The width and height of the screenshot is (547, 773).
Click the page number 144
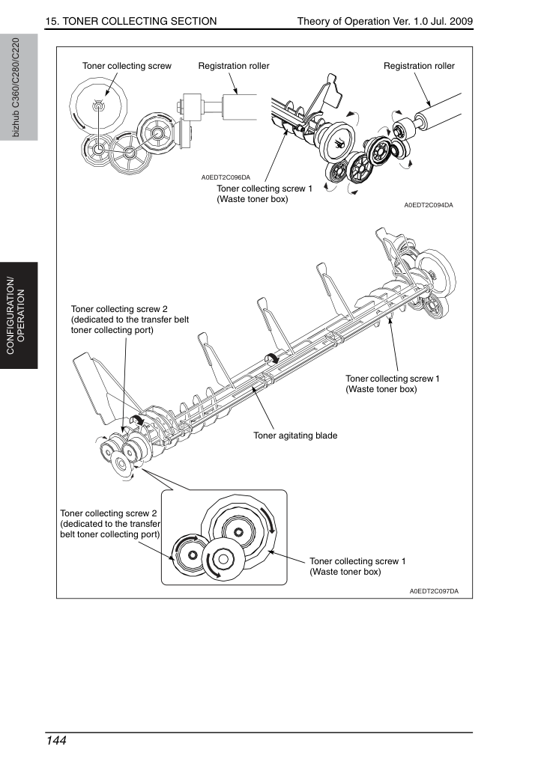(56, 741)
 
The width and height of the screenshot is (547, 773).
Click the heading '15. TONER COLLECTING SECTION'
(131, 21)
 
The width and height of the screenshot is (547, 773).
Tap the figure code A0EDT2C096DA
(226, 177)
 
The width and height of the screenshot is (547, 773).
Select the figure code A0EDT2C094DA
(429, 205)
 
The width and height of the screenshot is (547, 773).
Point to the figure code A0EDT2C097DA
(434, 591)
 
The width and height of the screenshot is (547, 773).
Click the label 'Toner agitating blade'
(295, 436)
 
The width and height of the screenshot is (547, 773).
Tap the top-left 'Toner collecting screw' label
(127, 66)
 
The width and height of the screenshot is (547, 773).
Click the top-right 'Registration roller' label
(419, 66)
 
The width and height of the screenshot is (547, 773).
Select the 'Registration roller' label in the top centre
(234, 66)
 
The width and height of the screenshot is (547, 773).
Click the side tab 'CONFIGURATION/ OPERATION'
(16, 316)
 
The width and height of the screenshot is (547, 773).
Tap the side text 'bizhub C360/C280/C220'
(16, 88)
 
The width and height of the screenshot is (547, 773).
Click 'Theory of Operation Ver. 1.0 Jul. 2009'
(385, 21)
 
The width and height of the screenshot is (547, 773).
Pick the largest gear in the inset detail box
(238, 531)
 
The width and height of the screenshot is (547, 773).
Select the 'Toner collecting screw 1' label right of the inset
(358, 566)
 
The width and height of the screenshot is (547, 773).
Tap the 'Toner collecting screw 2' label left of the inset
(110, 524)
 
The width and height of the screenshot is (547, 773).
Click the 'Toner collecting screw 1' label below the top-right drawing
(265, 194)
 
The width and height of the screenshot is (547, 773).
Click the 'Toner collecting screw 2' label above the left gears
(130, 320)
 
